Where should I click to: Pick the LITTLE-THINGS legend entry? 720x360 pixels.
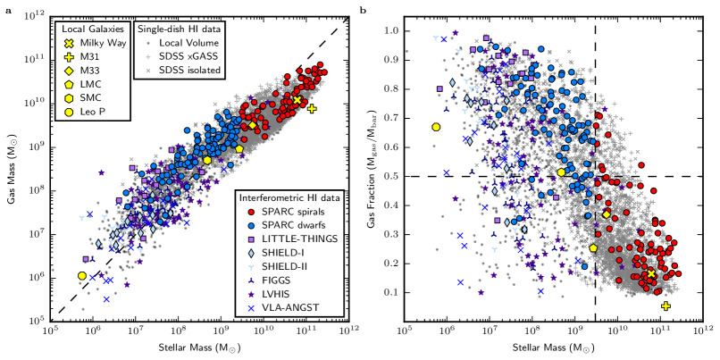pos(292,239)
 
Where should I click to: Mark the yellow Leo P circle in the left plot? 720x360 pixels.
pos(82,276)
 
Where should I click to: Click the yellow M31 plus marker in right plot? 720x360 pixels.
pos(666,306)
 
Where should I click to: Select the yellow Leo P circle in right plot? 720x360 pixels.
pos(436,127)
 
